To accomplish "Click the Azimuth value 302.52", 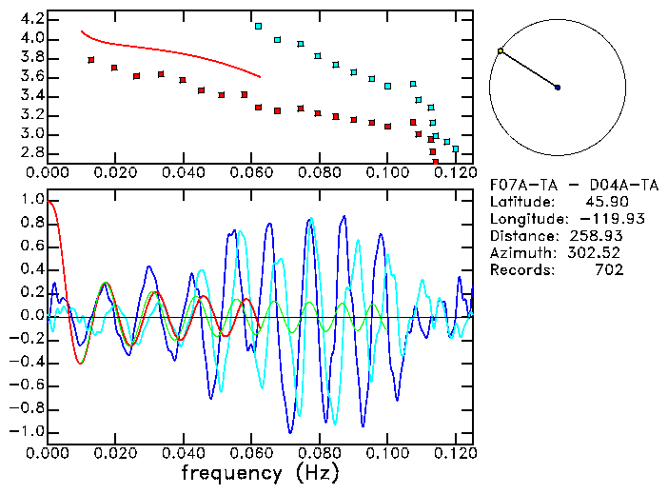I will (598, 253).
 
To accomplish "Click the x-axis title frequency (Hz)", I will (259, 471).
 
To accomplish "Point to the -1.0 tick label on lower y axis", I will (27, 432).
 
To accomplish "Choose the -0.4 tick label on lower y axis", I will (27, 363).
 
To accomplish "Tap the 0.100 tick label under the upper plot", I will (387, 174).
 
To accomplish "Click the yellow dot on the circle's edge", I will (501, 50).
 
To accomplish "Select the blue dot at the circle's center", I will (558, 88).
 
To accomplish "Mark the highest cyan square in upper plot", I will (258, 27).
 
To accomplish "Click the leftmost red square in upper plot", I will (91, 60).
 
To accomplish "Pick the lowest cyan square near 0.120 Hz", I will (456, 149).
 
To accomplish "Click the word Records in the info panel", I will (520, 270).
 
